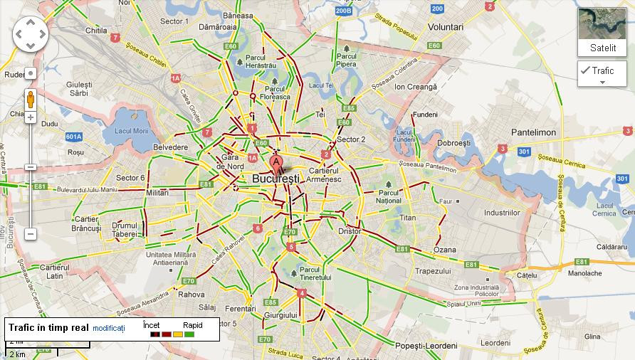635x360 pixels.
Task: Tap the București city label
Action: [278, 179]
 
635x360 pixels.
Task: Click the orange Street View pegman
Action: [31, 99]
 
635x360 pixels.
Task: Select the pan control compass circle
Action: [31, 33]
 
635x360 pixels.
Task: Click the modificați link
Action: [108, 328]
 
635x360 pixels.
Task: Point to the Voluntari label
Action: [446, 26]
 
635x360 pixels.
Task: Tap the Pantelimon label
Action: [533, 133]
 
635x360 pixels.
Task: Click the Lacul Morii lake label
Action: [131, 131]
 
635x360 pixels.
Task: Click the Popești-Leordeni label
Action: [426, 345]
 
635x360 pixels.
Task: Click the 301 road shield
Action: [525, 152]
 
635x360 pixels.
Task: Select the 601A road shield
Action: [74, 137]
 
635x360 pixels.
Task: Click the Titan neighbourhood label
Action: [408, 218]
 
